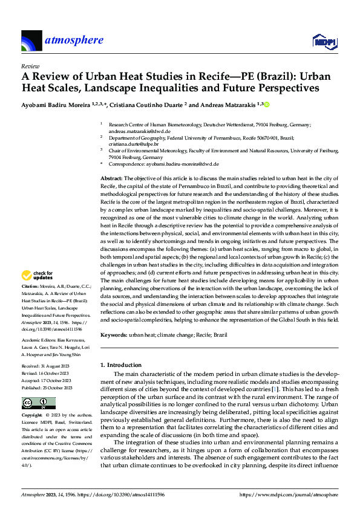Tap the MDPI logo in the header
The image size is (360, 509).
(x=324, y=41)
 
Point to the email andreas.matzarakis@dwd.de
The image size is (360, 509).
(x=138, y=131)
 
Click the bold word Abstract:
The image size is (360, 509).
(x=111, y=179)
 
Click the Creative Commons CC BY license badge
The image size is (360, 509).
(x=30, y=403)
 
